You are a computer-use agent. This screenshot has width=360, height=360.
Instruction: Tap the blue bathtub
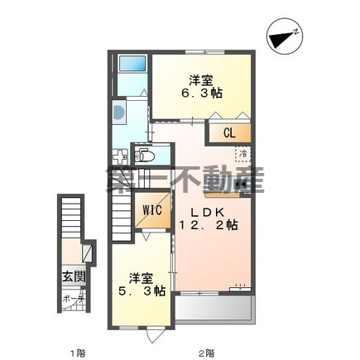pyautogui.click(x=131, y=65)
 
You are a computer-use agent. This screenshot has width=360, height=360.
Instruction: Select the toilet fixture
pyautogui.click(x=146, y=154)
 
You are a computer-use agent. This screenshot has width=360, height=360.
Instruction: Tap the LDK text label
pyautogui.click(x=210, y=209)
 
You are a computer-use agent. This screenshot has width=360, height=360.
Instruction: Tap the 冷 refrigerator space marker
pyautogui.click(x=243, y=154)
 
